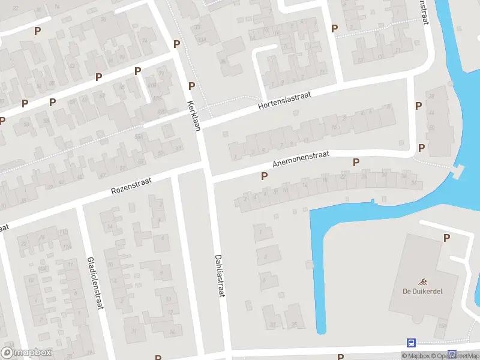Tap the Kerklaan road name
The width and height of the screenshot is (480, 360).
193,113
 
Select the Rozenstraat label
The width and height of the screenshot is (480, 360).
131,184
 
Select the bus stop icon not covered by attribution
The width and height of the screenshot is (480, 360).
411,343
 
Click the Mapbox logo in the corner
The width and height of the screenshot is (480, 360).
26,353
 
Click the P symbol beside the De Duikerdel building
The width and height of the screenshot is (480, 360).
446,238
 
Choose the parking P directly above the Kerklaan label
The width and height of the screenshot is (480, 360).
191,86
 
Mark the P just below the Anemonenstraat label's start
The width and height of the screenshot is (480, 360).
264,176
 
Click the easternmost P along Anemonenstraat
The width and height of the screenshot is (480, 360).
356,162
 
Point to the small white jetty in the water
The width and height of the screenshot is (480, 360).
458,172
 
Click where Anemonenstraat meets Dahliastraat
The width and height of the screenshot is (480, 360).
209,178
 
